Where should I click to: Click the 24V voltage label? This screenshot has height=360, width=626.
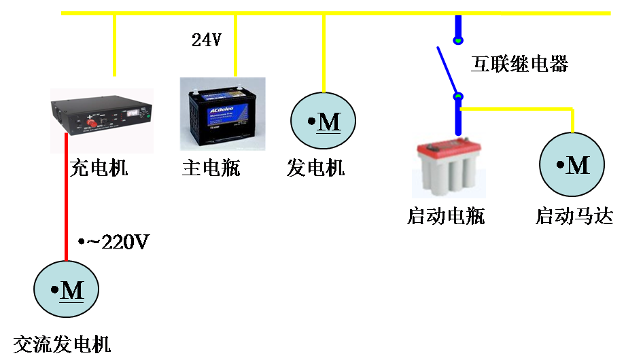(206, 40)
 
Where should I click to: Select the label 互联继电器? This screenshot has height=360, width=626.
(520, 65)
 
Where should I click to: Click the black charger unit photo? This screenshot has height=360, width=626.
(101, 114)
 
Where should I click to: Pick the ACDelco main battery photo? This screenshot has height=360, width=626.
(222, 113)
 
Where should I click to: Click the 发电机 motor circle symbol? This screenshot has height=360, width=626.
(324, 122)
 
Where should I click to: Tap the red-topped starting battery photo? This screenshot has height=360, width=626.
(449, 166)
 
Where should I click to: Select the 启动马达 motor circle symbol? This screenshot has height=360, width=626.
(572, 164)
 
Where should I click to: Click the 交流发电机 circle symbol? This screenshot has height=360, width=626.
(67, 290)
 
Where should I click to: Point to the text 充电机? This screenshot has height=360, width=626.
(99, 168)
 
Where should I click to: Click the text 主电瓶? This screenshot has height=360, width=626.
(211, 168)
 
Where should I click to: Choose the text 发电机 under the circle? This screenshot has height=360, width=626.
(315, 168)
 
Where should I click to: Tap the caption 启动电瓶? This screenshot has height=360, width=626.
(446, 217)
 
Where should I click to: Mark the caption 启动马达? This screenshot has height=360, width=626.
(574, 217)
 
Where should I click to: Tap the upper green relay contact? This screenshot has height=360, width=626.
(458, 41)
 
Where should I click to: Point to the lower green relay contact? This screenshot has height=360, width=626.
(458, 96)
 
